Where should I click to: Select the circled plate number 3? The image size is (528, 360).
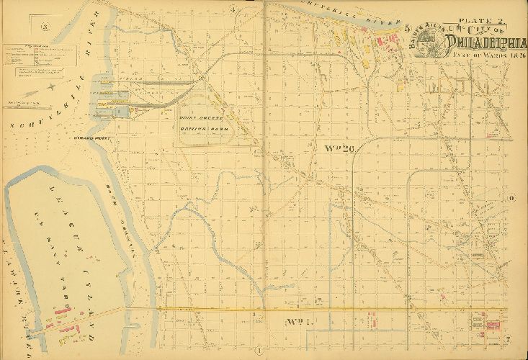click(x=45, y=28)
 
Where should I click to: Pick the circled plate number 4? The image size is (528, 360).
click(x=234, y=9)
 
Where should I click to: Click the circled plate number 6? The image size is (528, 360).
click(x=511, y=199)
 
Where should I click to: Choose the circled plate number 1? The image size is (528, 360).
click(x=257, y=351)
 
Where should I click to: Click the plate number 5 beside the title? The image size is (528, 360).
click(x=408, y=28)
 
